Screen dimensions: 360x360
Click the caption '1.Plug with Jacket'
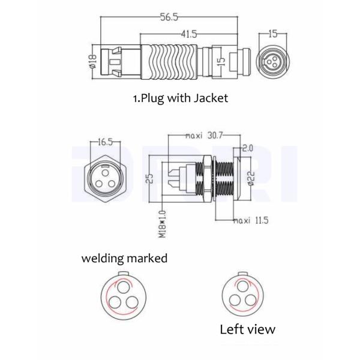click(180, 98)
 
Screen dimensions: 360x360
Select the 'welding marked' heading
click(124, 259)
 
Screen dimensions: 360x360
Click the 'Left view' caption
click(247, 329)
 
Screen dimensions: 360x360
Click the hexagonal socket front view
click(109, 179)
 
